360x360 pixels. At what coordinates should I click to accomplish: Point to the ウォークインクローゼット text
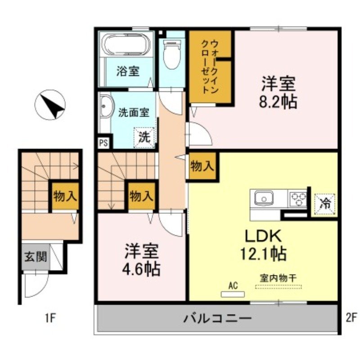[210, 66]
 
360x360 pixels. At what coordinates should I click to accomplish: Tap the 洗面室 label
[134, 112]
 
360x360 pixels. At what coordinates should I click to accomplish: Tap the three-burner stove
[297, 198]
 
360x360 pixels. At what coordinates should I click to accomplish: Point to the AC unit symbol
[233, 294]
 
